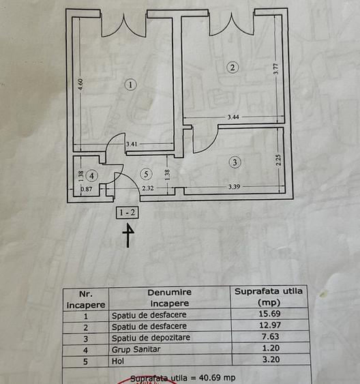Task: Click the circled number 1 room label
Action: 131,85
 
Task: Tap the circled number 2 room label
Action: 233,67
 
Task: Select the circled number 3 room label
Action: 235,162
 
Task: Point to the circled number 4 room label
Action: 92,175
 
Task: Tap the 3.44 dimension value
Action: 233,117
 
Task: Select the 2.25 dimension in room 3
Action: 278,161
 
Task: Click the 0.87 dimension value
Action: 86,189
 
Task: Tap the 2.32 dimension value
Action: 148,188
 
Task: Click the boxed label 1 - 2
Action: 127,212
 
